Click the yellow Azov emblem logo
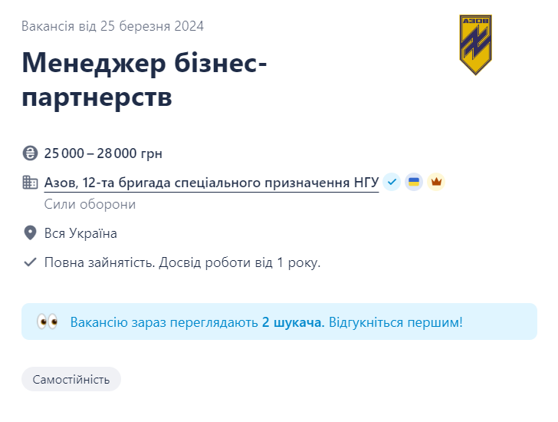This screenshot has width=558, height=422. point(475,45)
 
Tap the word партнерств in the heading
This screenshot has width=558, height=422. point(97,97)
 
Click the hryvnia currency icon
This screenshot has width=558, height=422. point(31,153)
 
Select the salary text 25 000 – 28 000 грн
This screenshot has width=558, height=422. point(103,153)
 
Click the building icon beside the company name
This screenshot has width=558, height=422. point(31,183)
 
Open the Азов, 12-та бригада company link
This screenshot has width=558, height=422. point(212,183)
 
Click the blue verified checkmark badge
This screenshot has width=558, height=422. point(392,182)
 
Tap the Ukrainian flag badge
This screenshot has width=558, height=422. point(414,182)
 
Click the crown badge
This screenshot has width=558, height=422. point(436,182)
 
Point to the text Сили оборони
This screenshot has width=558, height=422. point(90,204)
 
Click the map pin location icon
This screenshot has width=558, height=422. point(31,233)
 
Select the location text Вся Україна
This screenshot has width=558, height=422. point(80,233)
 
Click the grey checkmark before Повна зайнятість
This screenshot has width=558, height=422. point(31,262)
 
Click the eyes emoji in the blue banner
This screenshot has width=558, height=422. point(48,321)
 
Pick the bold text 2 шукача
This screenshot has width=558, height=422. point(292,322)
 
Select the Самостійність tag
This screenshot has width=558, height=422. point(71,379)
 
